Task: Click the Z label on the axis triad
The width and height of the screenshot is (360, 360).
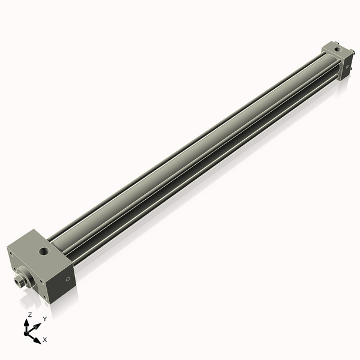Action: tap(30, 315)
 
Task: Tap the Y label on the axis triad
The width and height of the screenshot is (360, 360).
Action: tap(44, 319)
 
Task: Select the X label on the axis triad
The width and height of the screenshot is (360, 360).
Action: tap(44, 340)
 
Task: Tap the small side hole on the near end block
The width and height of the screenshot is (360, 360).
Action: tap(68, 279)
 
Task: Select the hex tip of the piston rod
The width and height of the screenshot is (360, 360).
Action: tap(18, 281)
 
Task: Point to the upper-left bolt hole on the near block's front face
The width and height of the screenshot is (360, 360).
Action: tap(11, 254)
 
